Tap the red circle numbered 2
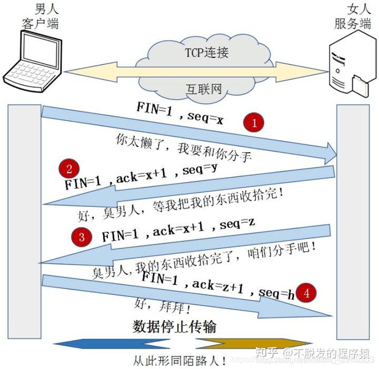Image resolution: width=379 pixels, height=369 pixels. (x=69, y=168)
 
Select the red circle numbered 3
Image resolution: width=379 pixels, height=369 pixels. (x=81, y=236)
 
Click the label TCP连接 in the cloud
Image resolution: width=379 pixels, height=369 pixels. (x=206, y=52)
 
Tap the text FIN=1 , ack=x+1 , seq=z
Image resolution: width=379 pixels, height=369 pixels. (x=178, y=231)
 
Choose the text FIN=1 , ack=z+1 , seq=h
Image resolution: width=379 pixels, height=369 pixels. (x=217, y=286)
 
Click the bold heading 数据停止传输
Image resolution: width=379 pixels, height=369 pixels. (x=174, y=327)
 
